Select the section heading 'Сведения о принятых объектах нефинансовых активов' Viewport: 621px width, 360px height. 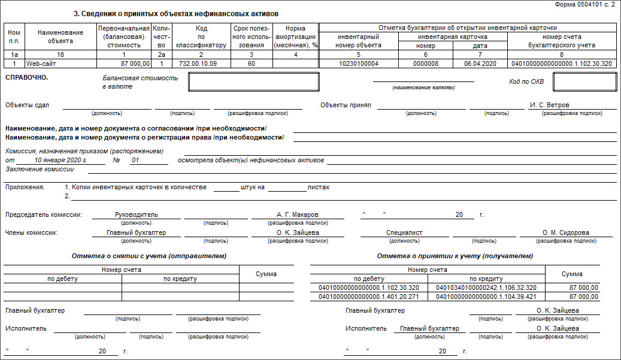point(180,14)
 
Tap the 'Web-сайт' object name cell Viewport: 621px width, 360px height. point(41,63)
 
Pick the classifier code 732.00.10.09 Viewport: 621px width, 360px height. point(201,63)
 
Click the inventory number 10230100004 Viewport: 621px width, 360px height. point(358,63)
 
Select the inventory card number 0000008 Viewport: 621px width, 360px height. point(426,63)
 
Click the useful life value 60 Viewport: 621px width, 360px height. point(252,63)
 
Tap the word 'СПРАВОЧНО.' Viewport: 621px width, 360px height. point(26,78)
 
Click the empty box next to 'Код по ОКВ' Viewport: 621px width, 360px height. point(584,82)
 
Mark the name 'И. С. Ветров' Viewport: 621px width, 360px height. point(550,105)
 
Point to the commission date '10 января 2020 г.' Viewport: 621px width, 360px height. point(61,161)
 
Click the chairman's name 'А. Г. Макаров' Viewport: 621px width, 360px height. point(298,214)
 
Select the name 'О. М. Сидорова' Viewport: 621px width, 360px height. point(565,233)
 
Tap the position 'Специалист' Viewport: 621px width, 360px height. point(404,233)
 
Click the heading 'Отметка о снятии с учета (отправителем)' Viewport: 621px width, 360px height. point(149,256)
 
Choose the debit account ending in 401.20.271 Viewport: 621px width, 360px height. point(369,297)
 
